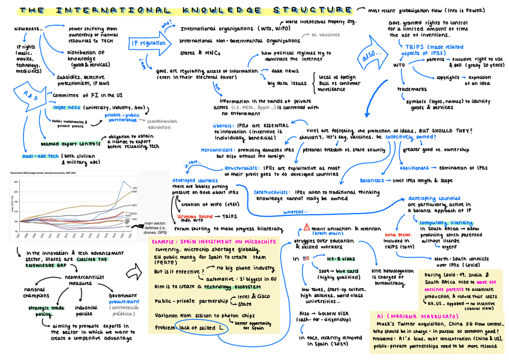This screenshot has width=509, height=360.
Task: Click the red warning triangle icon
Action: pyautogui.click(x=307, y=227)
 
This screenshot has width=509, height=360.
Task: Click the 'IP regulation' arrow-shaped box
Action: pyautogui.click(x=148, y=44)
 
